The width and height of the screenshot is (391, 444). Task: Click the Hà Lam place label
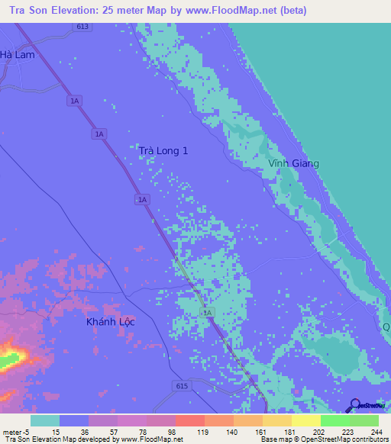point(18,54)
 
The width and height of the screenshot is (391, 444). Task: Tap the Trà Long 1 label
point(163,151)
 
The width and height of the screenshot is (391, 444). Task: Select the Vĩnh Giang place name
point(294,163)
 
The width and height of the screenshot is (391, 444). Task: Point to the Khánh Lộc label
point(110,322)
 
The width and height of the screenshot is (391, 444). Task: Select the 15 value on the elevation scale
point(56,431)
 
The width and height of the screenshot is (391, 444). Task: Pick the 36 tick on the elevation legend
point(85,431)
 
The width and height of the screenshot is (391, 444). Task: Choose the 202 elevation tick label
point(318,431)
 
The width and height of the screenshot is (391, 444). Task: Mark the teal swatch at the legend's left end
point(45,420)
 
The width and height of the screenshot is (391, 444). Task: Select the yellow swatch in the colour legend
point(305,420)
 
